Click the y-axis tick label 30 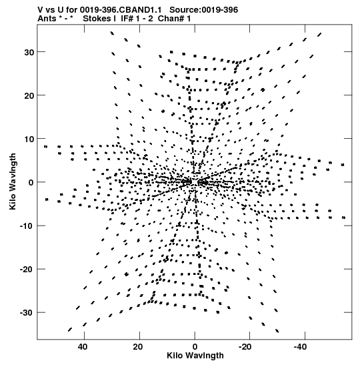29,52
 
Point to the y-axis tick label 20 29,95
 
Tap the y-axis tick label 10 29,139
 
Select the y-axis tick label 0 31,183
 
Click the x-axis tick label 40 83,347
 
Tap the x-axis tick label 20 138,347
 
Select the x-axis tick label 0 195,347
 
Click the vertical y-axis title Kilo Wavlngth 13,181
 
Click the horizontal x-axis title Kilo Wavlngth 195,356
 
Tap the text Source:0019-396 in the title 203,10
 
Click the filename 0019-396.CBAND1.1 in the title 121,10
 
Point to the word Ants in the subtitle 47,19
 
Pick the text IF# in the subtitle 127,19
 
